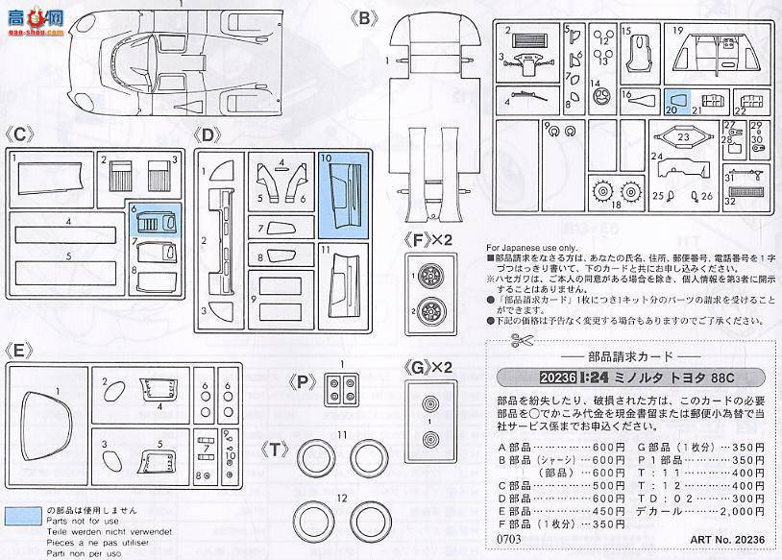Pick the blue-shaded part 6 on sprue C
(156, 223)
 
